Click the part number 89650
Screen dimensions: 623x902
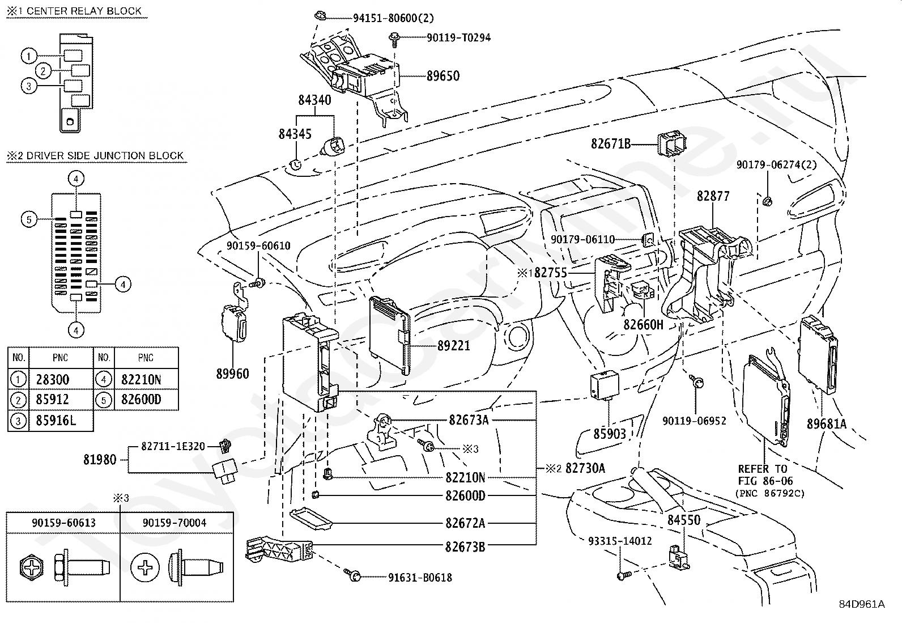(443, 76)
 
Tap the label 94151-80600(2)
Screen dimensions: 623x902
(393, 18)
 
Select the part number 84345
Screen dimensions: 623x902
(295, 134)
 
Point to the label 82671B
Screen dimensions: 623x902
(610, 144)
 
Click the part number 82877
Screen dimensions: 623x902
(713, 196)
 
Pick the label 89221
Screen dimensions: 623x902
(453, 345)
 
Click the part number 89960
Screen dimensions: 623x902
(232, 374)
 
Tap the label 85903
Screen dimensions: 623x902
(610, 434)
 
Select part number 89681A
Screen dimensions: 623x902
(827, 423)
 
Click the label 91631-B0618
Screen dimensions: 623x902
(420, 578)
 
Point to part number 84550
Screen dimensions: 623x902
(683, 520)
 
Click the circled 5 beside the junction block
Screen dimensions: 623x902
(29, 219)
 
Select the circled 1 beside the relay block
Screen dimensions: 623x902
(29, 56)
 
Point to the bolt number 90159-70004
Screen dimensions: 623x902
(175, 523)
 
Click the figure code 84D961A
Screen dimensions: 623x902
(861, 604)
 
